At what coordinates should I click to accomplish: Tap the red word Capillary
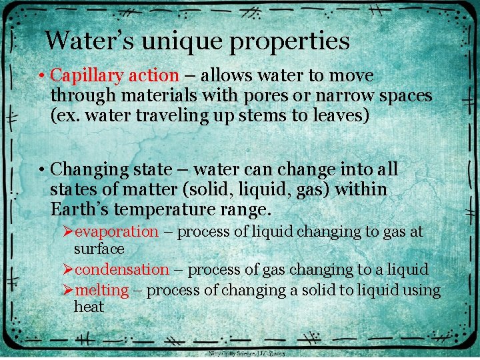[x=85, y=77]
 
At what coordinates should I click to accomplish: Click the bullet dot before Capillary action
[x=41, y=77]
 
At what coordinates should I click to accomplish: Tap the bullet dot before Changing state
[x=41, y=169]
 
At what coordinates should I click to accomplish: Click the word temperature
[x=162, y=210]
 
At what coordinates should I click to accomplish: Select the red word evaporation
[x=116, y=232]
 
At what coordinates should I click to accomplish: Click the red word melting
[x=101, y=291]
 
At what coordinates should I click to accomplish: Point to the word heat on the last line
[x=89, y=307]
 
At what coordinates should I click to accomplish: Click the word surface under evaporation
[x=99, y=249]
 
